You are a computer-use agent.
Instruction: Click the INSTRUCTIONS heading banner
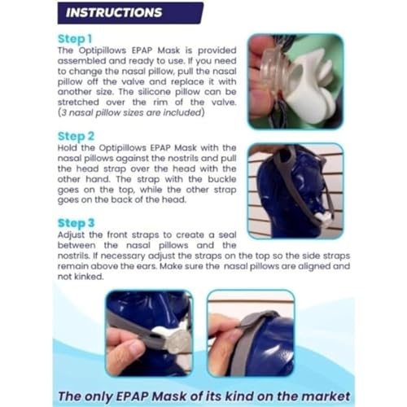coord(130,13)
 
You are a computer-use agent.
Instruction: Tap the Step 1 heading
coord(75,39)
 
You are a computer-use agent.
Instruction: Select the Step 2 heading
coord(76,136)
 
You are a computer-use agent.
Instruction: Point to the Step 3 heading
coord(76,223)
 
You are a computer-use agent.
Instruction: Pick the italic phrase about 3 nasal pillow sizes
coord(131,112)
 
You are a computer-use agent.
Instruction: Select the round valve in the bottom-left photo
coord(177,343)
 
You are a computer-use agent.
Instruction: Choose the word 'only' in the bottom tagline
coord(98,397)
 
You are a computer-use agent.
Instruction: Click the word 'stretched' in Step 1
coord(78,103)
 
